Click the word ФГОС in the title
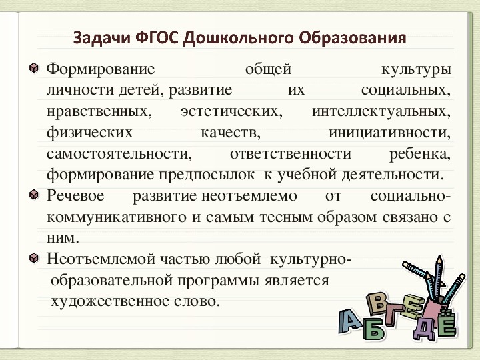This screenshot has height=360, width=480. coord(157,38)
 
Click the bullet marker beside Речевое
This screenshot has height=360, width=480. coord(34,195)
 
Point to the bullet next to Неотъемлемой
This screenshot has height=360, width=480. coord(34,258)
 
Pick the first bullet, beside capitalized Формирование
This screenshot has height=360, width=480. coord(34,67)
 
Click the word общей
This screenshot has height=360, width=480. coord(268,69)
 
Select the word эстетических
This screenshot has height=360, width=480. coord(232,111)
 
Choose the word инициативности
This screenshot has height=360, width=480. coord(390,133)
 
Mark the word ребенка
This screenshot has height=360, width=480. coord(420,154)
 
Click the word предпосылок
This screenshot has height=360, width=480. coord(207,175)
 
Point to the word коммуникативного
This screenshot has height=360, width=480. coord(117,217)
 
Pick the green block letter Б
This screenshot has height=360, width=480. coord(373,328)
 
